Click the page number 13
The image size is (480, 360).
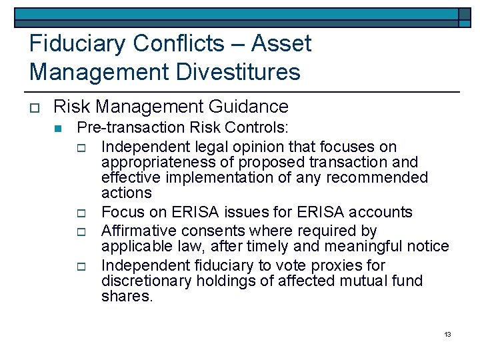[x=447, y=333]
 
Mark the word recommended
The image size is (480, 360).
[x=381, y=177]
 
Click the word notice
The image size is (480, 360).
[x=427, y=246]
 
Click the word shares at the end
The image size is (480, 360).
[x=127, y=296]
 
